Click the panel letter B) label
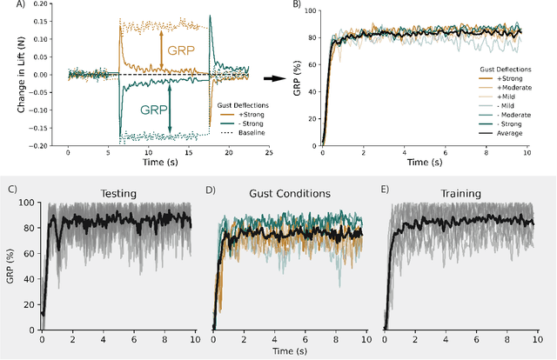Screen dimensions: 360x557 (x=298, y=6)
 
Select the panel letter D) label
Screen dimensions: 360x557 (x=209, y=190)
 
